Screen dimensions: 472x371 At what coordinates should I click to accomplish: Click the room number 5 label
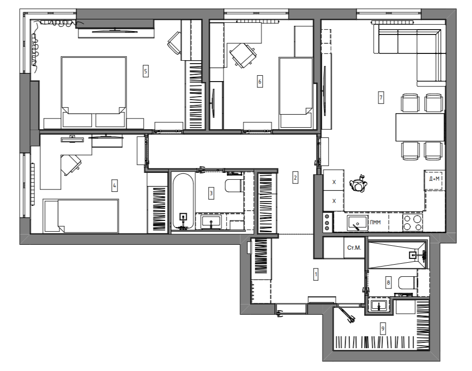pos(146,71)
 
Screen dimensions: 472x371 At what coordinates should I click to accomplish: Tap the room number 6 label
pos(260,81)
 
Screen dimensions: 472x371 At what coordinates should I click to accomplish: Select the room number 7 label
pos(381,98)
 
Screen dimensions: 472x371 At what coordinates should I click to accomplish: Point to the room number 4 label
pos(115,185)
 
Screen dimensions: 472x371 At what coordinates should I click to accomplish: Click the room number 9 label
pos(383,328)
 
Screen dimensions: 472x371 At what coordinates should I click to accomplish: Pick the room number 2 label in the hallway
pos(295,178)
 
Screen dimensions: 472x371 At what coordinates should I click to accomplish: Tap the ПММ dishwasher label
pos(375,222)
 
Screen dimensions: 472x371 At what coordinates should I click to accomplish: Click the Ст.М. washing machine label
pos(354,248)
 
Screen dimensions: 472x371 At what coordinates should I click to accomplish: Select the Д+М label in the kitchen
pos(434,179)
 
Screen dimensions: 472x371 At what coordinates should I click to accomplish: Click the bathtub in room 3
pos(183,202)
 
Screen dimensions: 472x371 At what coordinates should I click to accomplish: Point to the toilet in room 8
pos(407,283)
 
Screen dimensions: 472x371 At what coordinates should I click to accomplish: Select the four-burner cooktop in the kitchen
pos(413,222)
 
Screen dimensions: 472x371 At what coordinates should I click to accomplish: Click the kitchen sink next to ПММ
pos(357,223)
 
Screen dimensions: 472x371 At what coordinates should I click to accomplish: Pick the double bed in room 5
pos(94,92)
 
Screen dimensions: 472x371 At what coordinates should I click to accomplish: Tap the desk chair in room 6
pos(243,55)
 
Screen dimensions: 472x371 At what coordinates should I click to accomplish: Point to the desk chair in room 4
pos(71,165)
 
